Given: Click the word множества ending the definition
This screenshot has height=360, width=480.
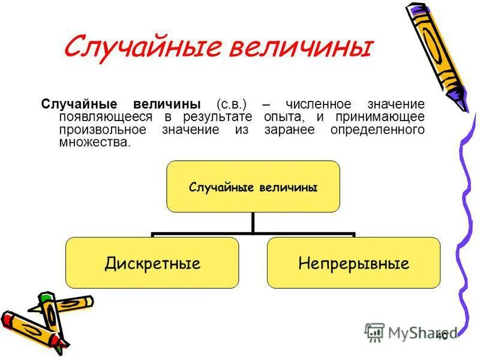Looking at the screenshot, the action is coord(93,143).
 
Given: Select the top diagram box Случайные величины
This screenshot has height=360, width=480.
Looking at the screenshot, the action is coord(253,187).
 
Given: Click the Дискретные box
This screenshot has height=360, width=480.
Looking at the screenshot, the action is coord(152,263).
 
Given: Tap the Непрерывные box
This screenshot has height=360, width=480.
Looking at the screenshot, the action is coord(353,263).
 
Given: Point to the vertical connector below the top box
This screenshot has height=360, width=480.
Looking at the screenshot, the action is coord(253,222).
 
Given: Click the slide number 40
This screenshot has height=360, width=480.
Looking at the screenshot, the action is coord(442,335).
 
